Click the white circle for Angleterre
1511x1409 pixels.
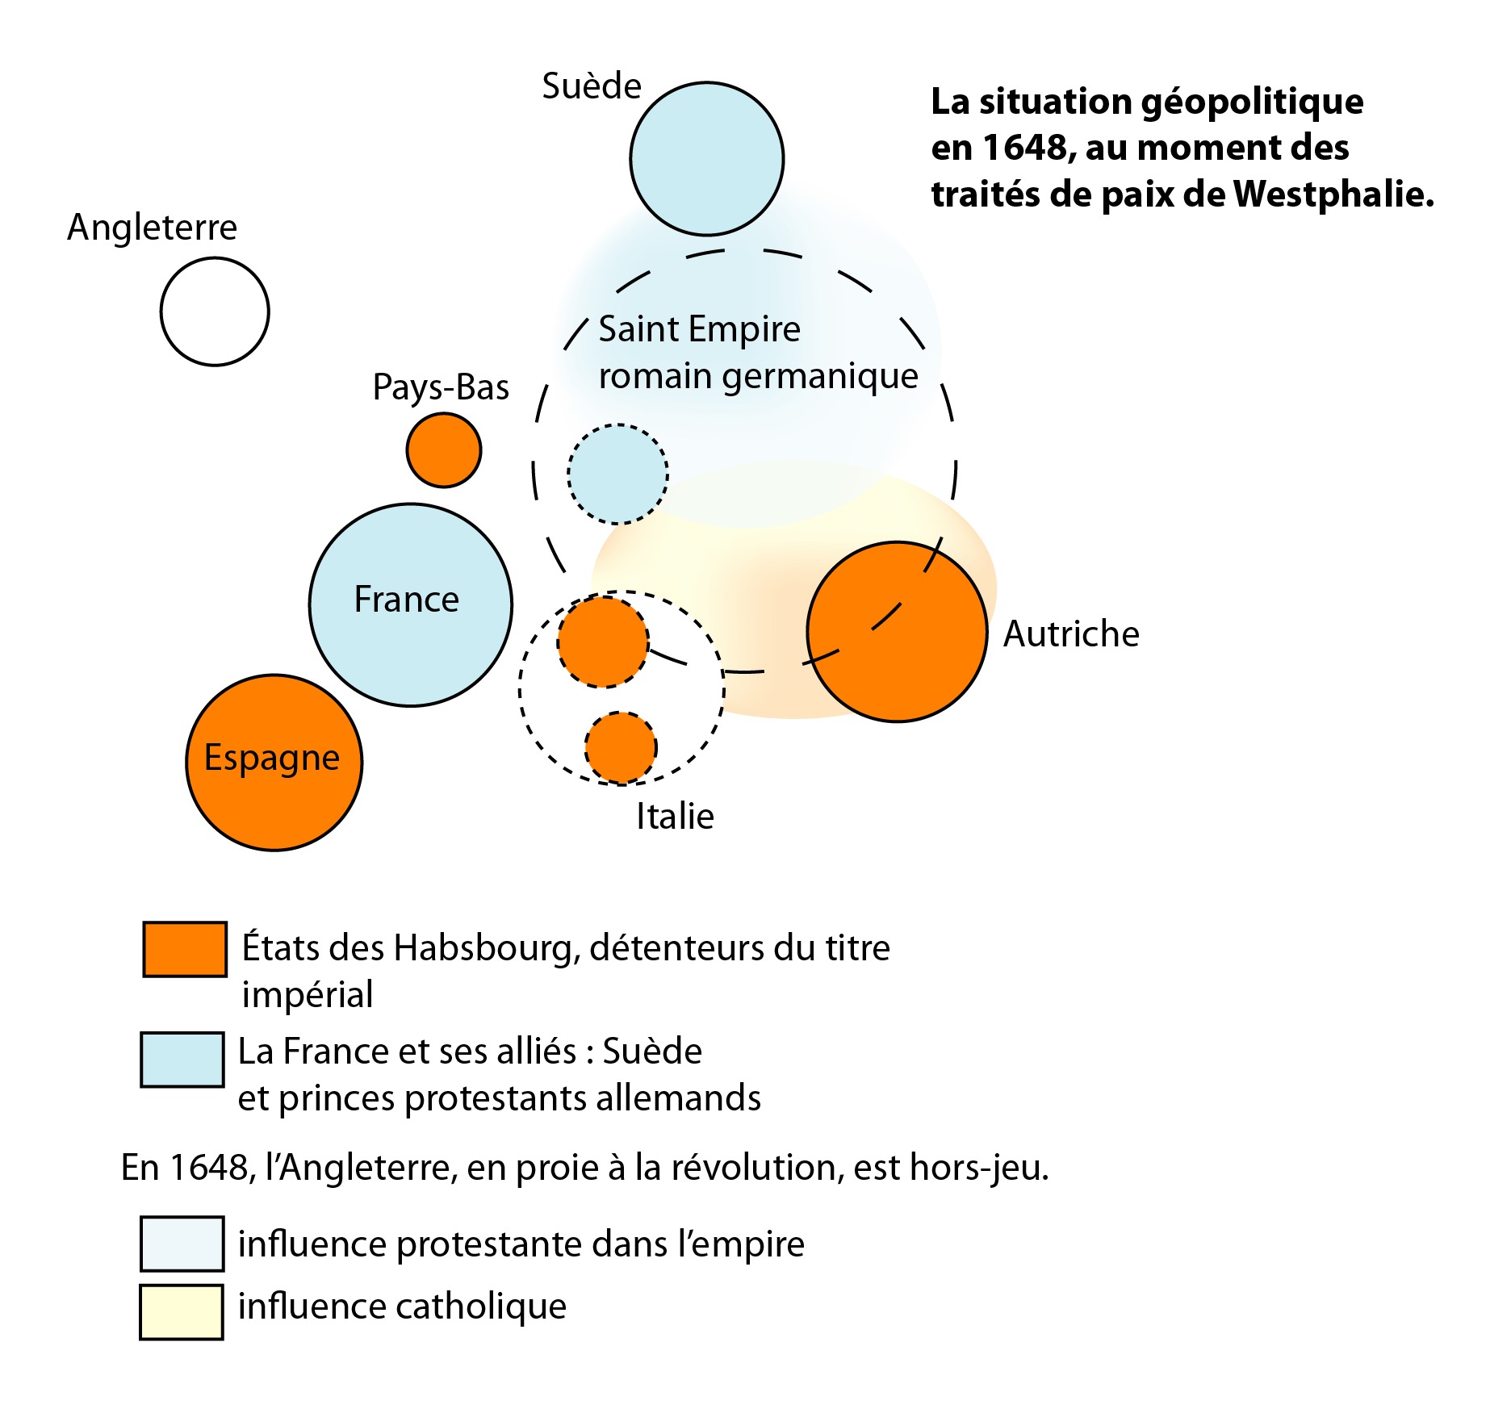tap(215, 311)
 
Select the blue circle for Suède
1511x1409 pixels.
tap(706, 159)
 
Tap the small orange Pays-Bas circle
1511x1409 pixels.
tap(444, 450)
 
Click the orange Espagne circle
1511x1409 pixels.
tap(274, 763)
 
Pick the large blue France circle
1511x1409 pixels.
tap(411, 605)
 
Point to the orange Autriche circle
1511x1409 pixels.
tap(897, 632)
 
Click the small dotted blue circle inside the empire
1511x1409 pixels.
tap(617, 475)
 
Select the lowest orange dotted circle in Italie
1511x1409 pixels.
tap(621, 748)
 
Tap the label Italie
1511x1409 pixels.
tap(675, 817)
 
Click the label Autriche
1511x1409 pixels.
tap(1071, 634)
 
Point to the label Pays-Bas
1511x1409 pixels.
tap(441, 387)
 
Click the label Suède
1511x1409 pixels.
tap(592, 86)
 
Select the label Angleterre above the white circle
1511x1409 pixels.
tap(152, 228)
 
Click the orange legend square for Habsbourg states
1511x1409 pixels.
tap(185, 950)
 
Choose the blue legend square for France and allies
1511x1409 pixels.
tap(182, 1060)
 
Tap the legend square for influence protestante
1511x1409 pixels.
tap(182, 1244)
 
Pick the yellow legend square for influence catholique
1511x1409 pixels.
tap(182, 1312)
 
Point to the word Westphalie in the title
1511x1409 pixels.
tap(1333, 194)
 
